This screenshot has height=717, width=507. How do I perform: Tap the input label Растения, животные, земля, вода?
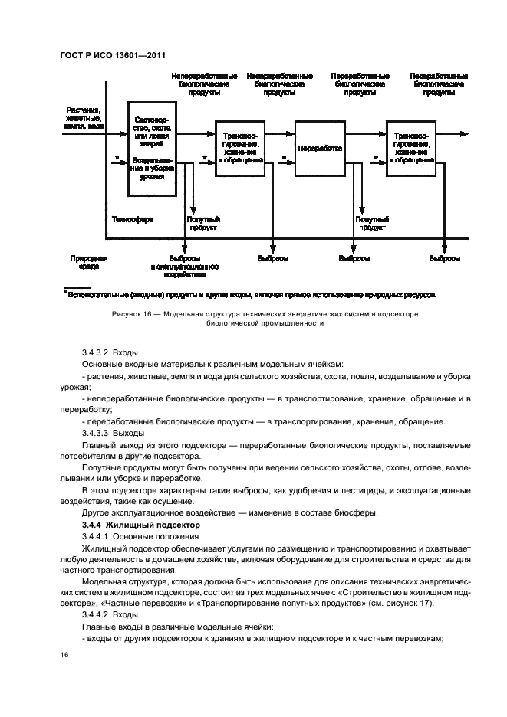pos(85,119)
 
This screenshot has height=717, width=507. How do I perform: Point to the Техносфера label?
pos(133,219)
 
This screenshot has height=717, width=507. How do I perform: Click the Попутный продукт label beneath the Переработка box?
pos(370,223)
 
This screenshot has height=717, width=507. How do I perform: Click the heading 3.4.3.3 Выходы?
pos(107,432)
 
